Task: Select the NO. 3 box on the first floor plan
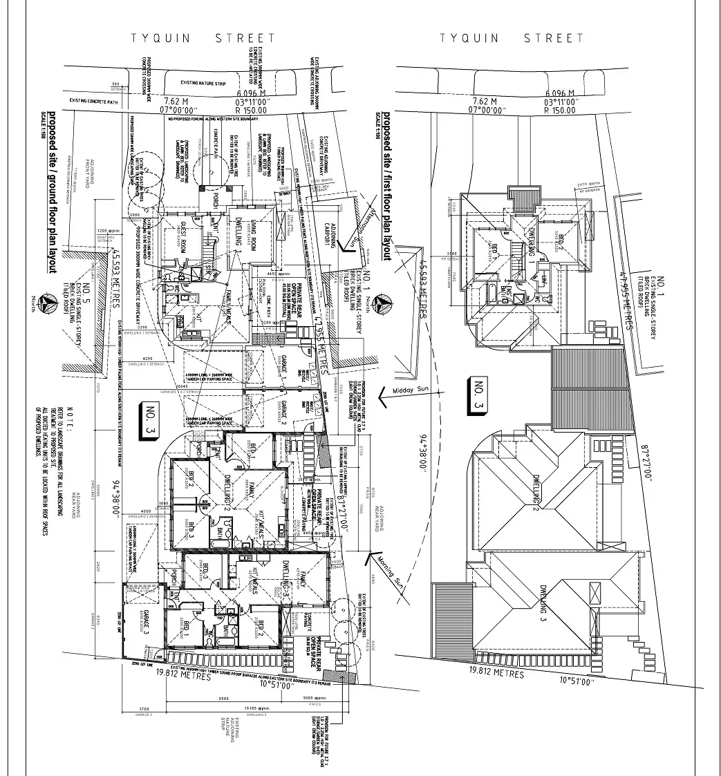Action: point(479,398)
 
